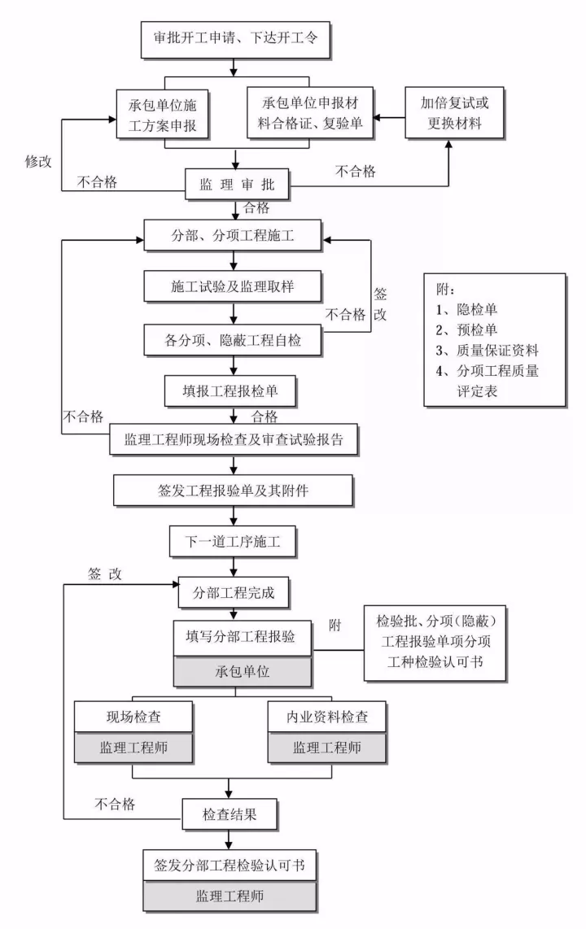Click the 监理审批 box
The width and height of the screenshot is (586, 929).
pyautogui.click(x=235, y=185)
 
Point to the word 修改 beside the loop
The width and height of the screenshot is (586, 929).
pyautogui.click(x=38, y=161)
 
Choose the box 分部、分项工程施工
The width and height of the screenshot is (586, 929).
pyautogui.click(x=234, y=237)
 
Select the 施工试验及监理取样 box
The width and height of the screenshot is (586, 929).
pyautogui.click(x=234, y=287)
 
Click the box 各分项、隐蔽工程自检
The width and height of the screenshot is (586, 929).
pyautogui.click(x=234, y=339)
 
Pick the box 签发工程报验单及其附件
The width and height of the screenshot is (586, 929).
pyautogui.click(x=234, y=491)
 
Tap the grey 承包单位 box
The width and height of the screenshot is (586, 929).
pyautogui.click(x=243, y=674)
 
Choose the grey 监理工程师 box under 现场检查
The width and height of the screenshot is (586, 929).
pyautogui.click(x=133, y=748)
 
